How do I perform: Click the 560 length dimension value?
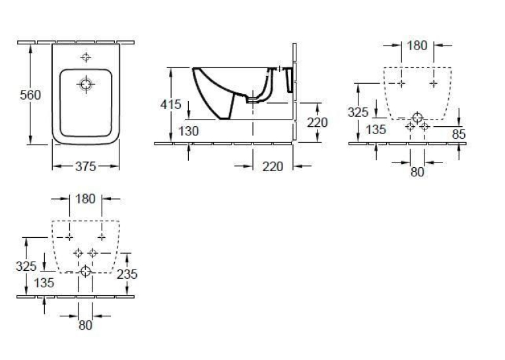pyautogui.click(x=30, y=94)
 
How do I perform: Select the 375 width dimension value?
pyautogui.click(x=86, y=166)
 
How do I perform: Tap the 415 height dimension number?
pyautogui.click(x=171, y=104)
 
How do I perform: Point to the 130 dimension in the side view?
pyautogui.click(x=188, y=131)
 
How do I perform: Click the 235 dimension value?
pyautogui.click(x=127, y=274)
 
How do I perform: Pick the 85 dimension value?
pyautogui.click(x=459, y=134)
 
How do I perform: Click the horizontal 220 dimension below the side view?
pyautogui.click(x=273, y=166)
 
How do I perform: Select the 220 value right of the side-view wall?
pyautogui.click(x=318, y=122)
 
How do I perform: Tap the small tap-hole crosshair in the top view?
pyautogui.click(x=86, y=57)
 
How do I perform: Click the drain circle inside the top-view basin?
pyautogui.click(x=86, y=85)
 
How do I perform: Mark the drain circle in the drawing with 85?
pyautogui.click(x=417, y=118)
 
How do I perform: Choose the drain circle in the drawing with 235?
pyautogui.click(x=85, y=271)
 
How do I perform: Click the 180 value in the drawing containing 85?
pyautogui.click(x=417, y=46)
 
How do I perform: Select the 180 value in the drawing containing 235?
pyautogui.click(x=85, y=199)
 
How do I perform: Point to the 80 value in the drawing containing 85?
pyautogui.click(x=417, y=172)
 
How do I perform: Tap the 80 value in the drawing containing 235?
pyautogui.click(x=85, y=325)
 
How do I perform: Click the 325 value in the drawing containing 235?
pyautogui.click(x=26, y=266)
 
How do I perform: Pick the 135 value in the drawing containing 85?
pyautogui.click(x=376, y=129)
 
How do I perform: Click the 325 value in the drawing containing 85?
pyautogui.click(x=358, y=112)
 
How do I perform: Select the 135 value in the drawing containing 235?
pyautogui.click(x=44, y=283)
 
